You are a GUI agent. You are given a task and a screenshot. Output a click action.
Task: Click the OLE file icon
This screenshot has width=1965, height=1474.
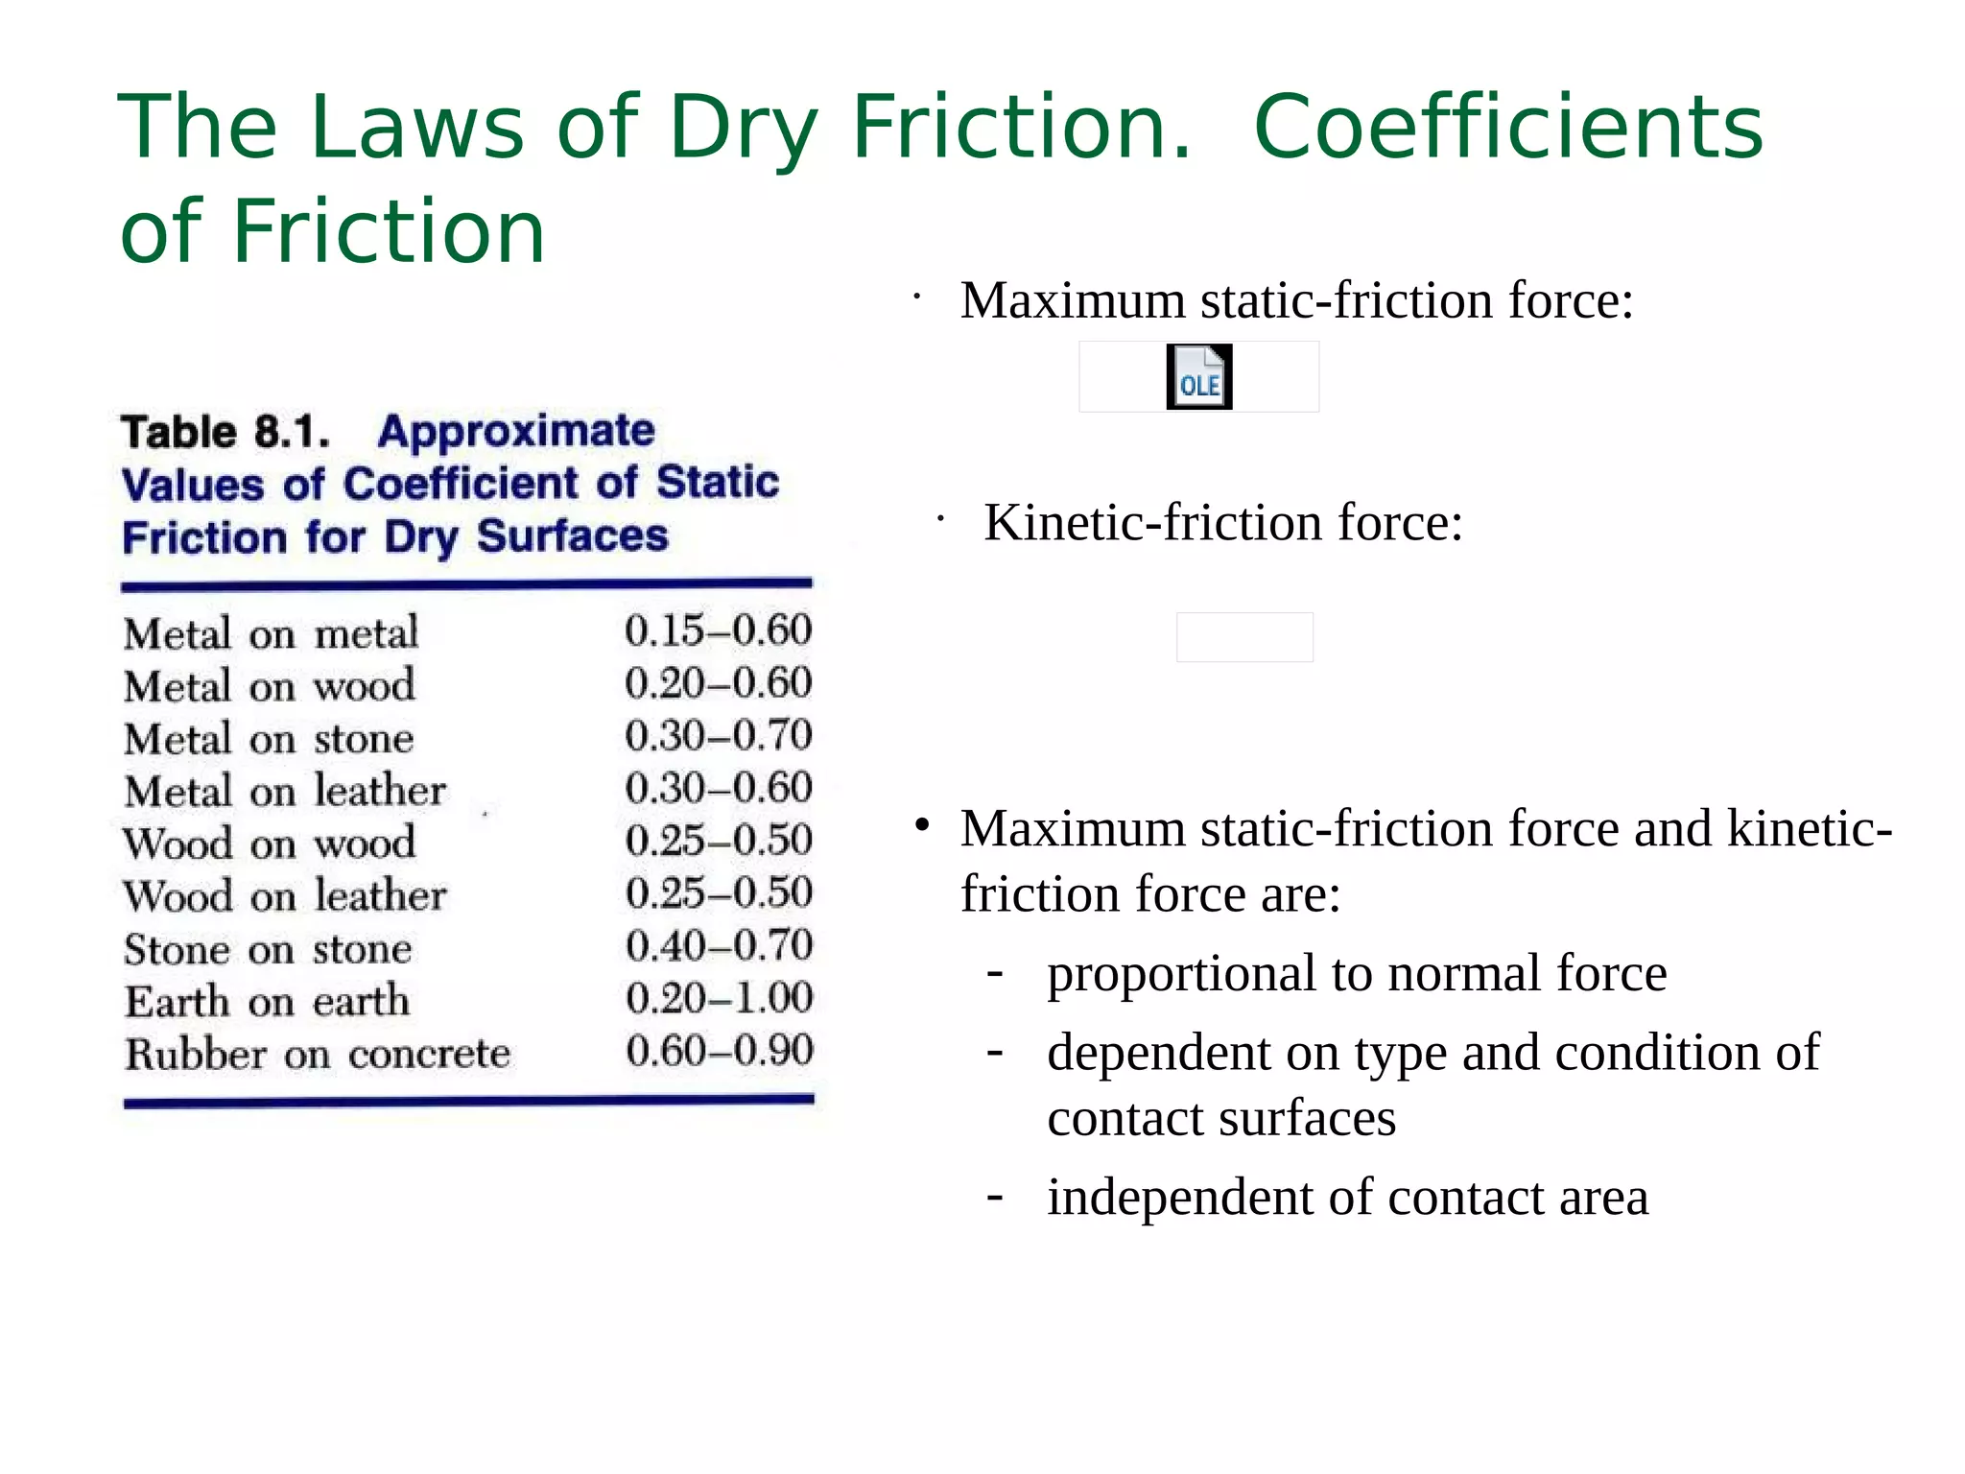(x=1198, y=377)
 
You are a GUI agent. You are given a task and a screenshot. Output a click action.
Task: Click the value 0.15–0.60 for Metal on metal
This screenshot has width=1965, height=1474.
(x=718, y=630)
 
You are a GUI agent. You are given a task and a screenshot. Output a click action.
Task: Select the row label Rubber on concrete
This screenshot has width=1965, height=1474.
(x=318, y=1054)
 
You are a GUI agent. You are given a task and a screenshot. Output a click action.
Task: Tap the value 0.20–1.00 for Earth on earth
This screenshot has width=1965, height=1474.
(x=719, y=998)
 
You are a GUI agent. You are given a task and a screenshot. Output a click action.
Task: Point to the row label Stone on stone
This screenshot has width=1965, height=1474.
(x=269, y=949)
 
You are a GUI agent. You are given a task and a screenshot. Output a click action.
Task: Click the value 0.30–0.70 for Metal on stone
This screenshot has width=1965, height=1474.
(x=718, y=735)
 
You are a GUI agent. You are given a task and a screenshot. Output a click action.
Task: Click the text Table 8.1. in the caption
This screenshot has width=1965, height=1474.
(x=225, y=432)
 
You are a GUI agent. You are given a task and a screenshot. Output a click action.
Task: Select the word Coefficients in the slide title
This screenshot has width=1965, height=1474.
(x=1508, y=128)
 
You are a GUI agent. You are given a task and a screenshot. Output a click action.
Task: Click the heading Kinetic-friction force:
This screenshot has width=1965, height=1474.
(x=1223, y=523)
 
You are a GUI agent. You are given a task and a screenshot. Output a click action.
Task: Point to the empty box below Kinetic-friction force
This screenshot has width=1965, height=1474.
(x=1244, y=637)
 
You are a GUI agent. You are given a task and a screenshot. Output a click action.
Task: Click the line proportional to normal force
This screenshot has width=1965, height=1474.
(x=1357, y=973)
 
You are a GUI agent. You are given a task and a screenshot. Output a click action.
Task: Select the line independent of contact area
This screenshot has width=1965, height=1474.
(x=1347, y=1197)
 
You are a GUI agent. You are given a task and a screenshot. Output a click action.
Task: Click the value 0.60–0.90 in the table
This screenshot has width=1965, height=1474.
(x=720, y=1051)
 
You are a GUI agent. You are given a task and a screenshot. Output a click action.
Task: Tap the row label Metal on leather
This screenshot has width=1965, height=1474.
(x=285, y=791)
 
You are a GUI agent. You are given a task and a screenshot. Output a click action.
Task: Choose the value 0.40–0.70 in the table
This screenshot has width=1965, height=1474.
(x=719, y=945)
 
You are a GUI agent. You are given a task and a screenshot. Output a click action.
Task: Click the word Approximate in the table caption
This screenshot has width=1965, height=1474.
(x=516, y=431)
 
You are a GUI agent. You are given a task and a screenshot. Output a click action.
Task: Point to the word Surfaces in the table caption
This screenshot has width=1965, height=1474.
(x=572, y=535)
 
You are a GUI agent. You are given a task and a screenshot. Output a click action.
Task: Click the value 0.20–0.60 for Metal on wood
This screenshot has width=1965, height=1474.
(x=718, y=683)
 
